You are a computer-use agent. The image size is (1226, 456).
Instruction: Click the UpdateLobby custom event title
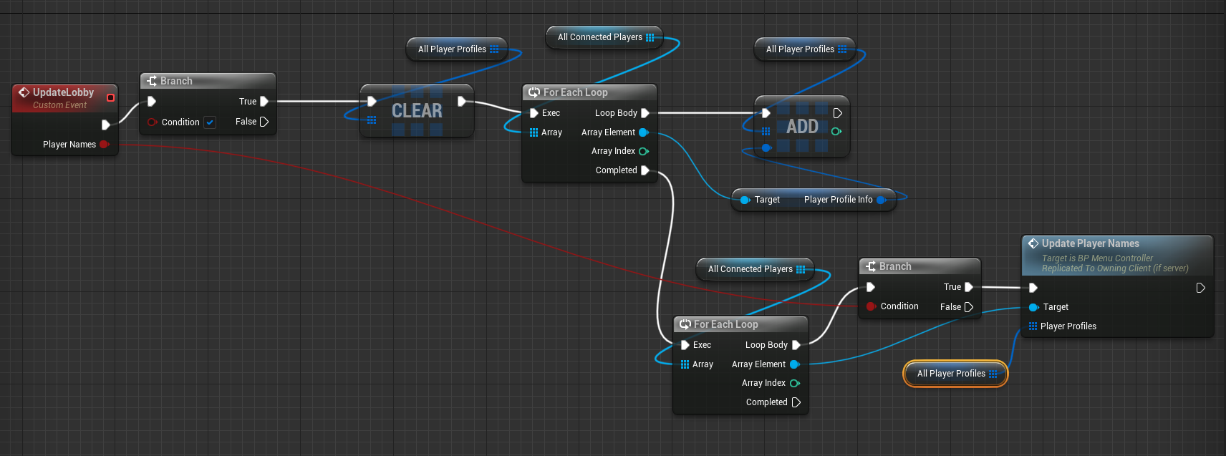(x=63, y=92)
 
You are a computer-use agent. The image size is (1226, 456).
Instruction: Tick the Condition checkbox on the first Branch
(x=210, y=122)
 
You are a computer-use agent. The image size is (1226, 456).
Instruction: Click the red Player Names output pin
(x=105, y=145)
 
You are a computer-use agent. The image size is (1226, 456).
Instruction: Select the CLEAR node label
(x=417, y=111)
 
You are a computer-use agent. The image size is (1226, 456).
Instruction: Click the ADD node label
(x=802, y=127)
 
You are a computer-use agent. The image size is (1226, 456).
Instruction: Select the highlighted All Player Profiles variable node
(x=955, y=374)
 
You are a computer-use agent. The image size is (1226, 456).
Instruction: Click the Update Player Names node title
(x=1090, y=243)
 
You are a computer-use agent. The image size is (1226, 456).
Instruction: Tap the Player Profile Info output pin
(x=881, y=200)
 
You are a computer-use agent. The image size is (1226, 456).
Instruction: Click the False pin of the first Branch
(x=264, y=122)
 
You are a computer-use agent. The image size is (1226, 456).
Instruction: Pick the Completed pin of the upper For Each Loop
(x=645, y=170)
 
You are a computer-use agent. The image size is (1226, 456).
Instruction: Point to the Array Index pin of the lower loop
(x=794, y=383)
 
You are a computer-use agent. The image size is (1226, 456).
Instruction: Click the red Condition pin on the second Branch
(x=871, y=306)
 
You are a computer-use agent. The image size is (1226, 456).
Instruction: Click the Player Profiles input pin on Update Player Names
(x=1033, y=326)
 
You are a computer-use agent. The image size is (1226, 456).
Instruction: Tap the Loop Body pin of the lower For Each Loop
(x=796, y=345)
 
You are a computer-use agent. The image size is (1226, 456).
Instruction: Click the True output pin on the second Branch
(x=968, y=287)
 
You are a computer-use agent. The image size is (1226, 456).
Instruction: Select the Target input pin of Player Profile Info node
(x=745, y=200)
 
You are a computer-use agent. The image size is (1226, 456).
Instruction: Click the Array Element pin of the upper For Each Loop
(x=643, y=132)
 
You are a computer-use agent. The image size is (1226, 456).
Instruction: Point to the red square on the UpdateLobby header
(x=110, y=97)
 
